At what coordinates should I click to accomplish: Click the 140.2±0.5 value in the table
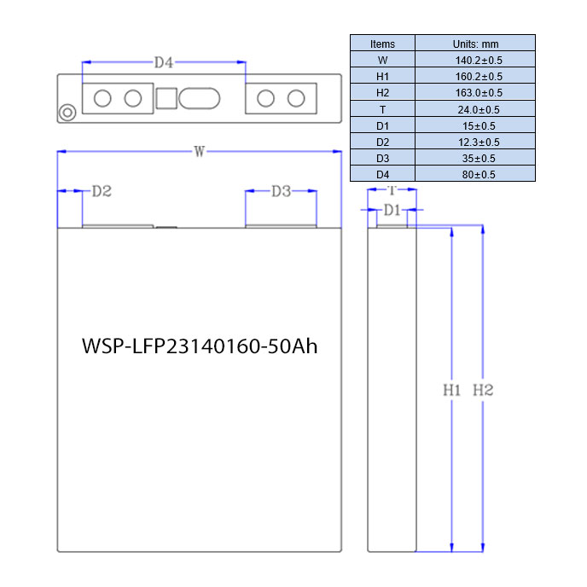tap(479, 61)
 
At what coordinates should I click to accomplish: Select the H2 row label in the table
tap(382, 92)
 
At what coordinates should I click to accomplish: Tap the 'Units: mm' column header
tap(475, 44)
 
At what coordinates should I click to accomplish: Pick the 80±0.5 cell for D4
tap(479, 174)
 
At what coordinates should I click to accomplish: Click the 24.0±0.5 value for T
tap(479, 110)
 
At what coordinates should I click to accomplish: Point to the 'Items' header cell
tap(382, 44)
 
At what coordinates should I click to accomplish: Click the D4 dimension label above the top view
tap(164, 62)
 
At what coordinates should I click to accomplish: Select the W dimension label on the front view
tap(199, 152)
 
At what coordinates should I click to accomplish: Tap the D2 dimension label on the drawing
tap(102, 191)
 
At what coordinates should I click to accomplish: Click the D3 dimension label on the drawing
tap(282, 191)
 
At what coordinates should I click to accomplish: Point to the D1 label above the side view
tap(392, 210)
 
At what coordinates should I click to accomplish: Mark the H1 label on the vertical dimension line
tap(452, 390)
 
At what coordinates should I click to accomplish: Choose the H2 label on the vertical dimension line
tap(483, 390)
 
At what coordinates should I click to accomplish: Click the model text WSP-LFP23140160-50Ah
tap(200, 346)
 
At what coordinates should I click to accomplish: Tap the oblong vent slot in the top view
tap(199, 98)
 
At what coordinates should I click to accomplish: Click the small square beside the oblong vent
tap(166, 98)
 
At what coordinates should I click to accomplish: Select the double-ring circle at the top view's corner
tap(67, 113)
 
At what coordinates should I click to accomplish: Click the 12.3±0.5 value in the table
tap(479, 142)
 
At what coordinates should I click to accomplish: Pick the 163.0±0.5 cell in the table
tap(479, 92)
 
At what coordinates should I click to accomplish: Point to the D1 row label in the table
tap(382, 125)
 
